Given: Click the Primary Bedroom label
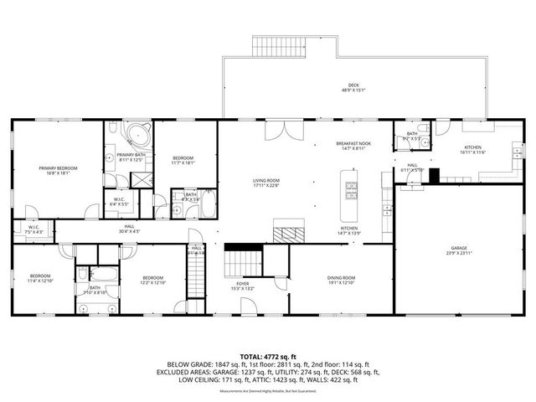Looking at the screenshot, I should pyautogui.click(x=58, y=168).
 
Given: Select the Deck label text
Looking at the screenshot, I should pyautogui.click(x=353, y=85).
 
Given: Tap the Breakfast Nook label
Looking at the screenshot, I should pyautogui.click(x=354, y=144).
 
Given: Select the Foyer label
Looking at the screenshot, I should pyautogui.click(x=242, y=284).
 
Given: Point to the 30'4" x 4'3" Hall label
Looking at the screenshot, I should pyautogui.click(x=130, y=226).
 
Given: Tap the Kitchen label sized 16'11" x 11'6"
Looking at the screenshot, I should pyautogui.click(x=473, y=147).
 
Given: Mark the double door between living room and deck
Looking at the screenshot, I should pyautogui.click(x=289, y=131).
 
